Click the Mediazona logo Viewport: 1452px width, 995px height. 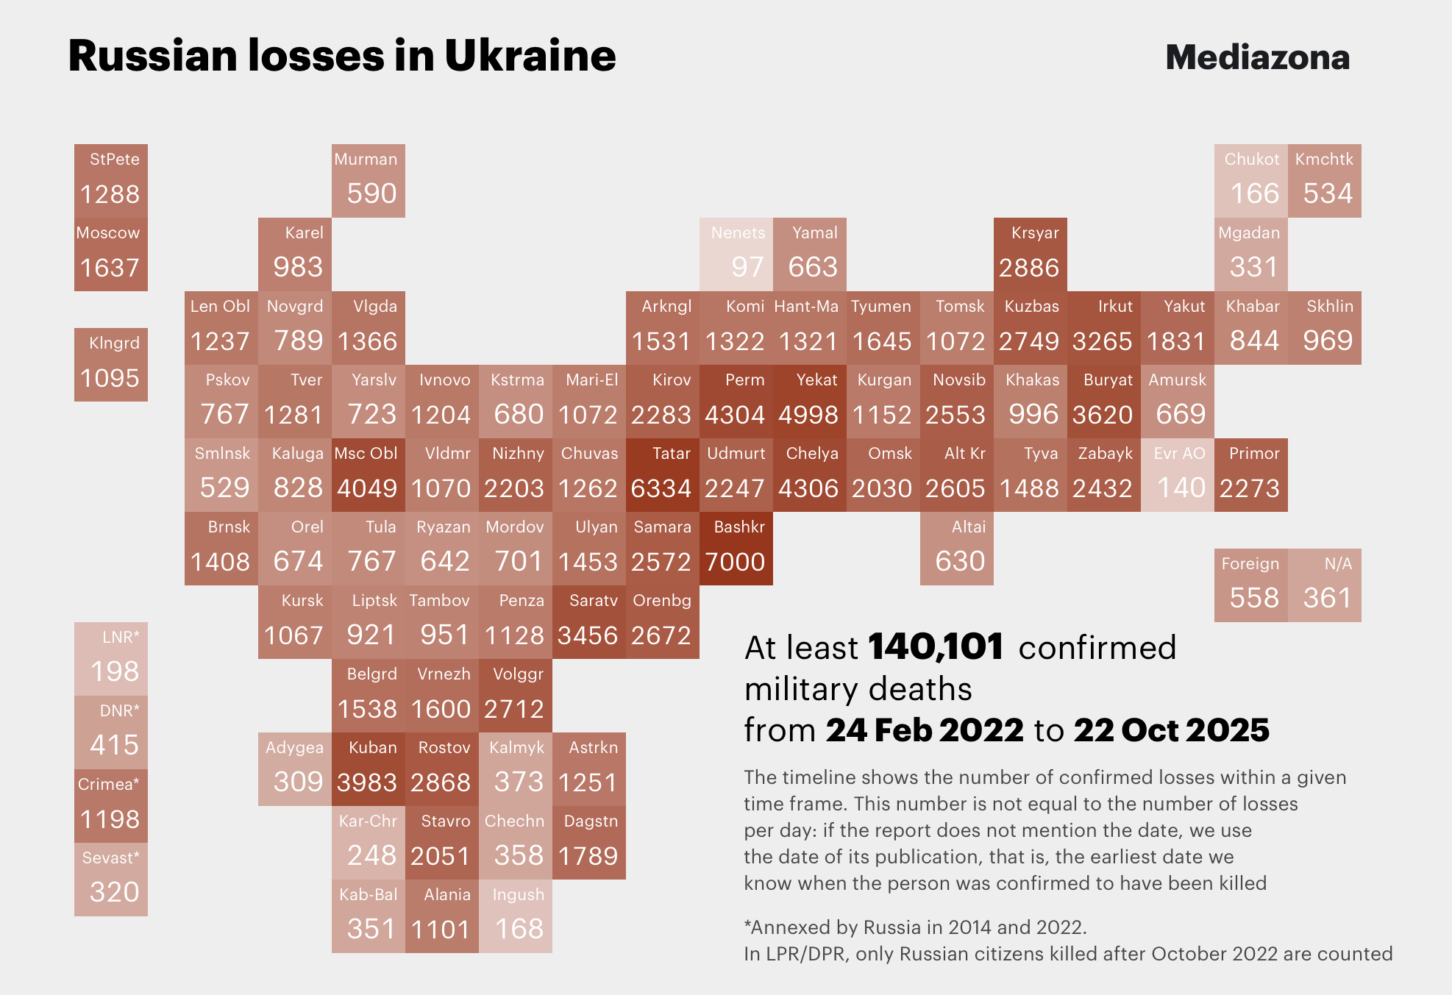point(1257,57)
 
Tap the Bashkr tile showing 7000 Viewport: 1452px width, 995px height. point(736,549)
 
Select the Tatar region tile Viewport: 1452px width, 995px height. point(662,475)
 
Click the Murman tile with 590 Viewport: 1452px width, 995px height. point(368,181)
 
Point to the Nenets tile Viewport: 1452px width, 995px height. point(736,254)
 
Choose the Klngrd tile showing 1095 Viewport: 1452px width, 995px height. point(110,365)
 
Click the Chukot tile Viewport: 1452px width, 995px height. point(1250,181)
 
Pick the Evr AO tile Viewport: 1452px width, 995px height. point(1177,475)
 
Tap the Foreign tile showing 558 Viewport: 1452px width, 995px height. point(1250,585)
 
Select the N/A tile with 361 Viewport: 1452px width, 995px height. point(1324,585)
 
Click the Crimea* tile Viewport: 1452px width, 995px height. point(110,806)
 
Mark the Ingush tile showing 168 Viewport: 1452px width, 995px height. point(515,916)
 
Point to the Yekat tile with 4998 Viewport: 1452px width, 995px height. point(809,402)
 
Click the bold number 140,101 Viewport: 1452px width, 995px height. point(936,647)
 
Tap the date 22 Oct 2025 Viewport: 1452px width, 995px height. point(1171,730)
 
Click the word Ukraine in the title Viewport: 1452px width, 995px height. point(530,56)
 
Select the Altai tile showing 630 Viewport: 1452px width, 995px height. point(956,549)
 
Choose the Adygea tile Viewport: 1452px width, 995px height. point(294,769)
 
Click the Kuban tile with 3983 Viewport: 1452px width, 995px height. point(368,769)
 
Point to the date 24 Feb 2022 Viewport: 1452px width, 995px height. point(924,730)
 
